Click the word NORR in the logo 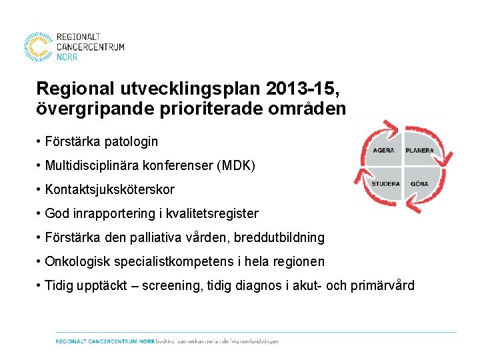67,57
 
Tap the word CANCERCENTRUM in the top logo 90,47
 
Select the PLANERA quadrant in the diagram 419,151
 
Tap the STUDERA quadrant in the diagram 385,183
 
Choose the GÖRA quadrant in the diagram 419,183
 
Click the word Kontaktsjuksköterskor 110,189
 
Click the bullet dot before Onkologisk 39,261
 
